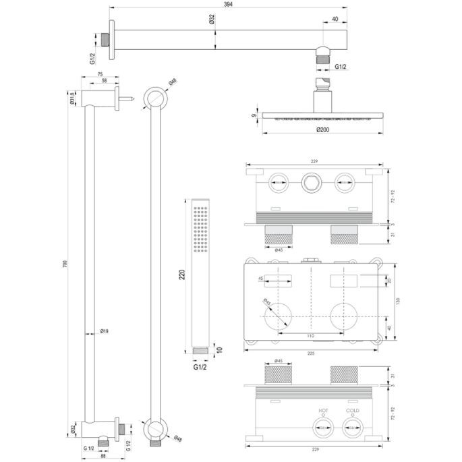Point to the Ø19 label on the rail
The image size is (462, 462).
[x=105, y=331]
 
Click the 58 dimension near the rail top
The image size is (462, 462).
[x=103, y=81]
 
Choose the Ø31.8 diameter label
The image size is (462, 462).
[x=71, y=98]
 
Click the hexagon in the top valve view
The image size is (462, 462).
[x=311, y=180]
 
